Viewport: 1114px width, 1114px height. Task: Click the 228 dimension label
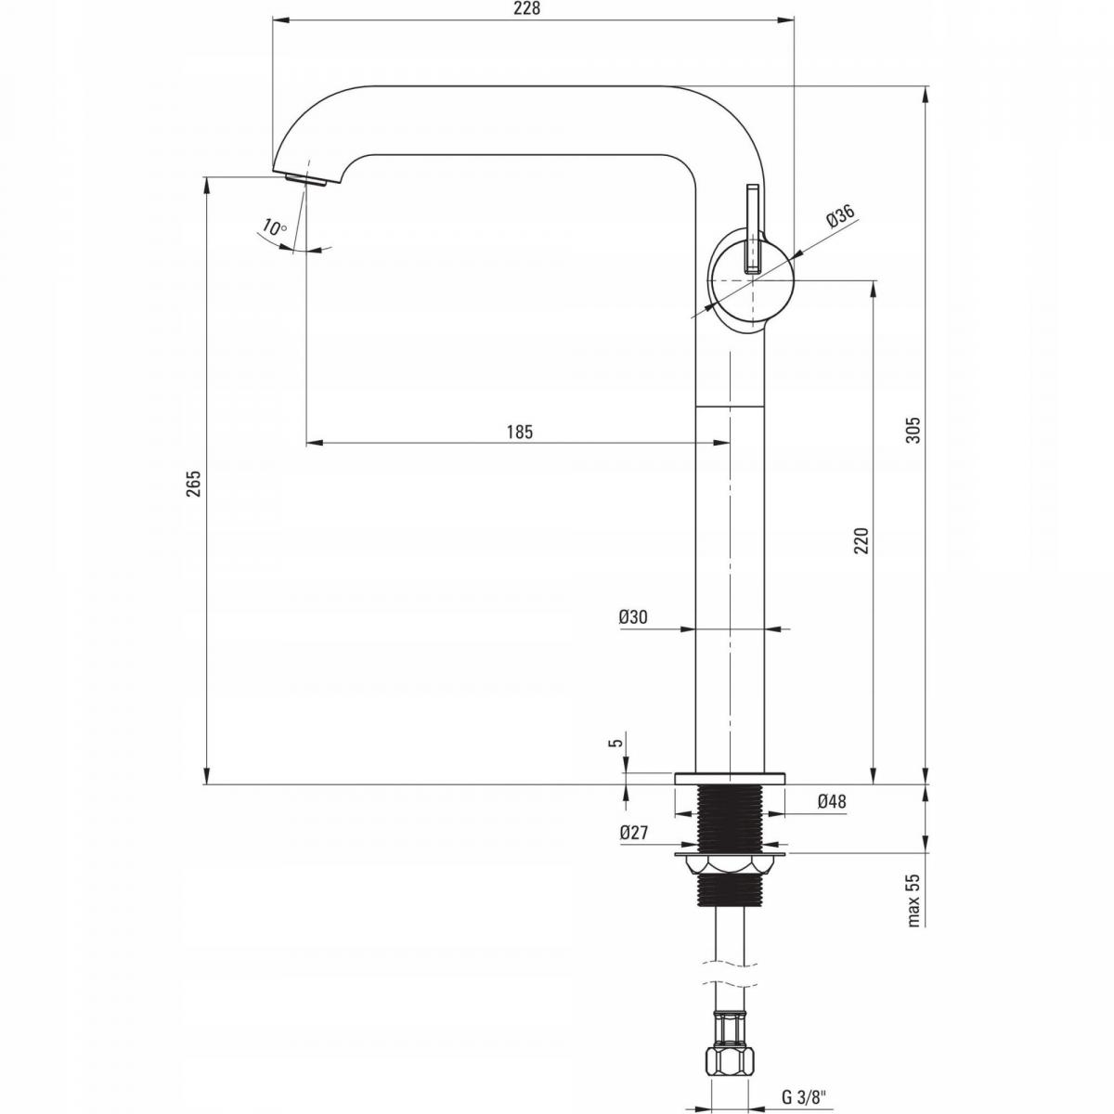point(527,8)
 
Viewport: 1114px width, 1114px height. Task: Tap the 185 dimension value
point(520,432)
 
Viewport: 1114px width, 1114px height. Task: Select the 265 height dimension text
point(194,484)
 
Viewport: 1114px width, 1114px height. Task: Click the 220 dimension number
point(861,540)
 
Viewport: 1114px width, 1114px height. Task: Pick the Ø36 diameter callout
point(840,216)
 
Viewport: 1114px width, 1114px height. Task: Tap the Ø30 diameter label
point(634,617)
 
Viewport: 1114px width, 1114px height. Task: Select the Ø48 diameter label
point(832,801)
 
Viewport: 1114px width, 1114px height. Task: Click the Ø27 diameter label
point(634,833)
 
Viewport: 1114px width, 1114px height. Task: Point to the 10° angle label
point(274,227)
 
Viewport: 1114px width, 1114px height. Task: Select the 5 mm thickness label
point(618,743)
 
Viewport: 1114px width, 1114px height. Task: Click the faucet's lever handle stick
point(752,228)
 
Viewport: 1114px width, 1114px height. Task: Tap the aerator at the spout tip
point(307,179)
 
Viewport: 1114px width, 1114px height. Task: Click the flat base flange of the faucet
point(730,778)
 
